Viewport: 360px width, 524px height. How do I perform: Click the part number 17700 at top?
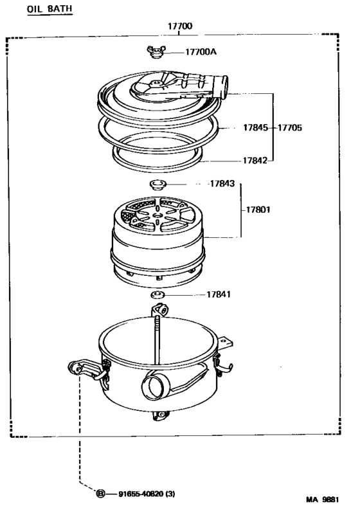pos(180,27)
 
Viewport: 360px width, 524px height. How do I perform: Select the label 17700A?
pos(201,51)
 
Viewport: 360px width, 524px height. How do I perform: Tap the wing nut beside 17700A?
pos(154,51)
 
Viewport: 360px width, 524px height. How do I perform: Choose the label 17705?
pos(289,127)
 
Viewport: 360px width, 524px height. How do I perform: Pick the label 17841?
pos(219,294)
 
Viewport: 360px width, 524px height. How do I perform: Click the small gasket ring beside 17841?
pos(157,295)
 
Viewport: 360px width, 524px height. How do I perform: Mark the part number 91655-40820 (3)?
pos(147,494)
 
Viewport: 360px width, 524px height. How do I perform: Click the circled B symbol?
pos(101,494)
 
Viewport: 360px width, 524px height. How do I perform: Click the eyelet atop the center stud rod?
pos(160,312)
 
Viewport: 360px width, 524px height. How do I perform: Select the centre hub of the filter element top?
pos(157,214)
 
